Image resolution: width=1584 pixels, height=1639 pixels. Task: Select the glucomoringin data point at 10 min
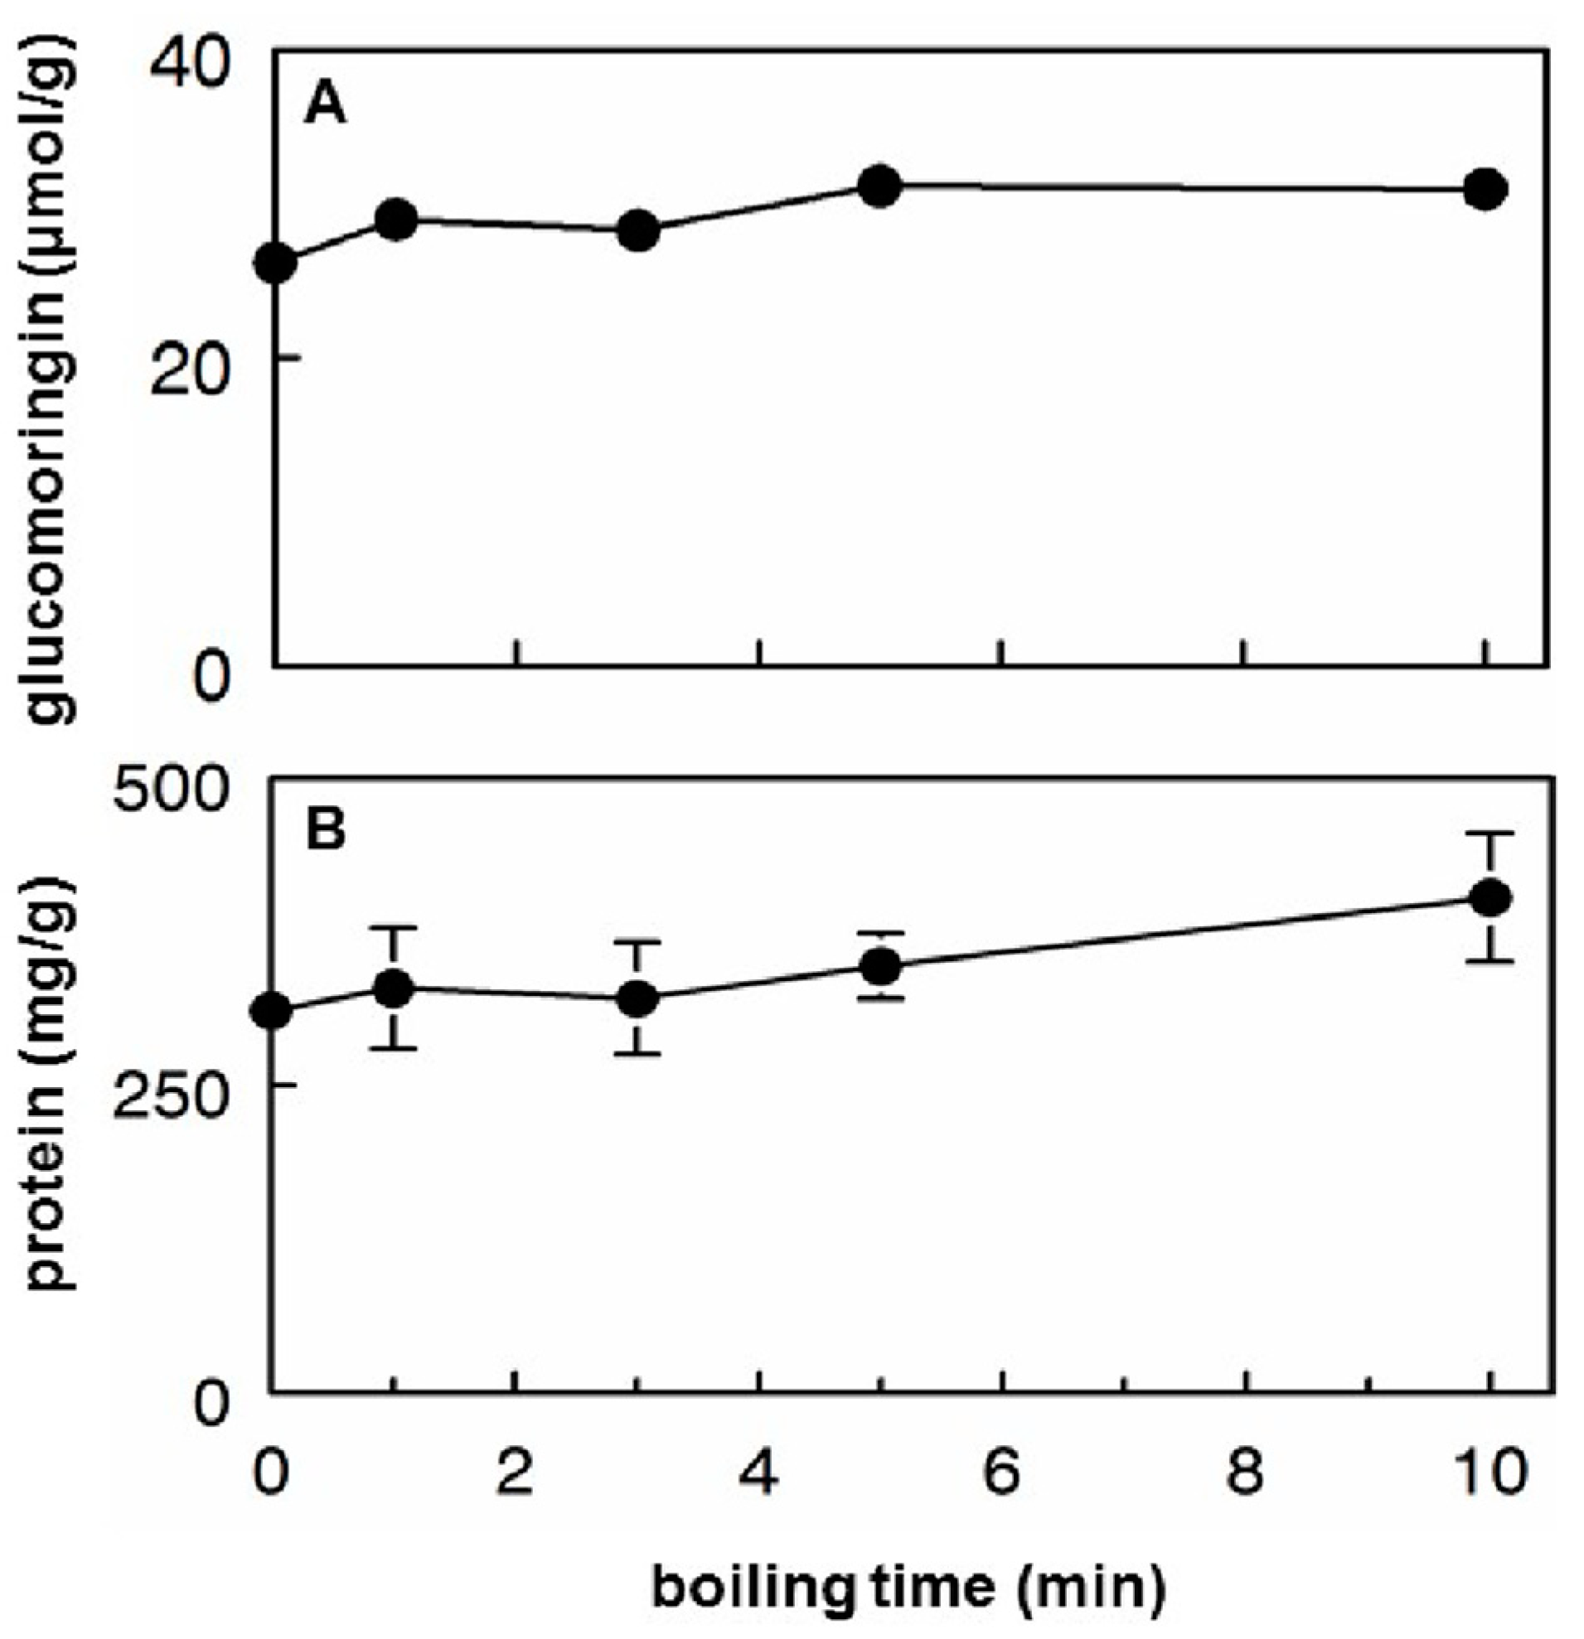pos(1485,189)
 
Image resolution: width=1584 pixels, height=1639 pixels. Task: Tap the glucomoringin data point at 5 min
pos(879,185)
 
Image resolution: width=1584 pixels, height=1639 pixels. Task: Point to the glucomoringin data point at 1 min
pos(396,219)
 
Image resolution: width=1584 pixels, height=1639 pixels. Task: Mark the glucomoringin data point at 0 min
pos(276,263)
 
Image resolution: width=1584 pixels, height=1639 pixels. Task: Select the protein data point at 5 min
pos(880,967)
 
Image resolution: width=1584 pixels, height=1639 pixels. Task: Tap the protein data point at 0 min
pos(273,1011)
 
